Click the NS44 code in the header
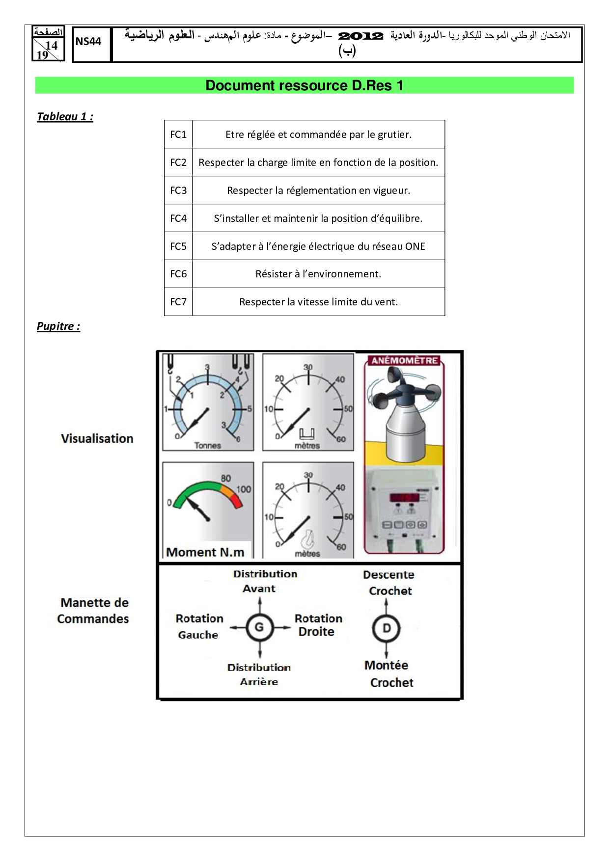(x=88, y=42)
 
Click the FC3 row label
(x=178, y=190)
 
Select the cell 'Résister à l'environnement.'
(x=318, y=274)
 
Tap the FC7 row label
(x=178, y=302)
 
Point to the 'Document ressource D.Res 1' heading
(x=304, y=85)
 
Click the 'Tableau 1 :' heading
(x=65, y=116)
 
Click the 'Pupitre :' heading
(x=58, y=326)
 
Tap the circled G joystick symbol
(x=259, y=627)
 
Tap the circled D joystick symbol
(x=387, y=628)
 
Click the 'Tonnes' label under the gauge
(x=208, y=446)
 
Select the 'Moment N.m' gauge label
(x=205, y=552)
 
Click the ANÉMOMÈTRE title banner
(x=404, y=360)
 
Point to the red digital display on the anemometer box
(x=405, y=497)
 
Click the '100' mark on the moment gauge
(x=244, y=489)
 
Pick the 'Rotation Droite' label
(x=318, y=625)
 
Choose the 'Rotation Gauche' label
(x=199, y=626)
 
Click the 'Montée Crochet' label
(x=389, y=673)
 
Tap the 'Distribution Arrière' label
(x=259, y=674)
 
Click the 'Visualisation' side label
(x=97, y=438)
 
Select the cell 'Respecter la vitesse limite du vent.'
(x=318, y=302)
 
